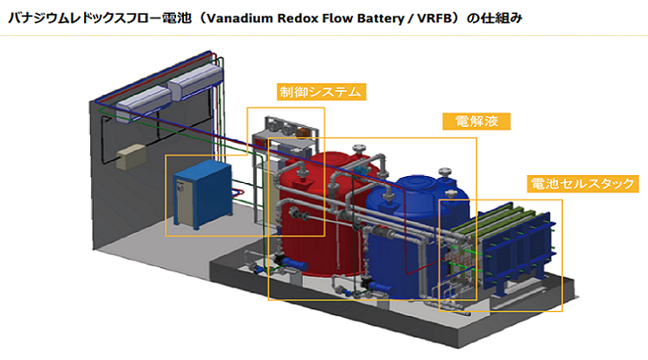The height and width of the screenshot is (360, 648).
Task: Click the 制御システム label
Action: click(x=321, y=92)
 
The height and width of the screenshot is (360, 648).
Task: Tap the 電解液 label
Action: click(x=476, y=121)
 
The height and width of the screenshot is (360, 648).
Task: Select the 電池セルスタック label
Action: click(x=582, y=184)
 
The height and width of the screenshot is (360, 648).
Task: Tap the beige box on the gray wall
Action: click(x=131, y=157)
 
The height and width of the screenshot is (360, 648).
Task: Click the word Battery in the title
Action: click(x=380, y=19)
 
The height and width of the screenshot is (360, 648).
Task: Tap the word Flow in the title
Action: click(x=335, y=18)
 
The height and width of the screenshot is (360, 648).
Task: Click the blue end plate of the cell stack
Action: click(x=517, y=252)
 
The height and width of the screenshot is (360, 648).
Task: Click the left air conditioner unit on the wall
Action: click(x=144, y=104)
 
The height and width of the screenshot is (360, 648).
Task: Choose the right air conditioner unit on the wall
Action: click(x=195, y=81)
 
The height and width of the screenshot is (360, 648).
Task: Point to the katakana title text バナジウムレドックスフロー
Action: click(x=85, y=18)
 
